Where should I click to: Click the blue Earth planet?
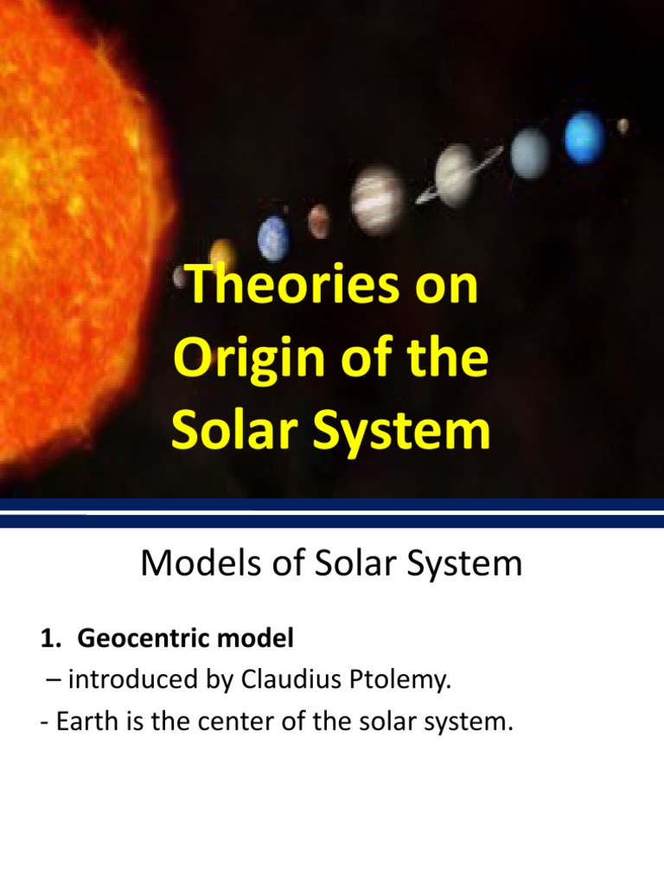click(273, 235)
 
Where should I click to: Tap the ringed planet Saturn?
click(456, 174)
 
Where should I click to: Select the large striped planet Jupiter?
click(378, 199)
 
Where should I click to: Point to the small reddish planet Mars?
click(319, 220)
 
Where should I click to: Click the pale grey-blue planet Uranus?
click(529, 153)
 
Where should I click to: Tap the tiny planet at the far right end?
click(622, 125)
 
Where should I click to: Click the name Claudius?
click(292, 680)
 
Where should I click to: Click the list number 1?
click(47, 639)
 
